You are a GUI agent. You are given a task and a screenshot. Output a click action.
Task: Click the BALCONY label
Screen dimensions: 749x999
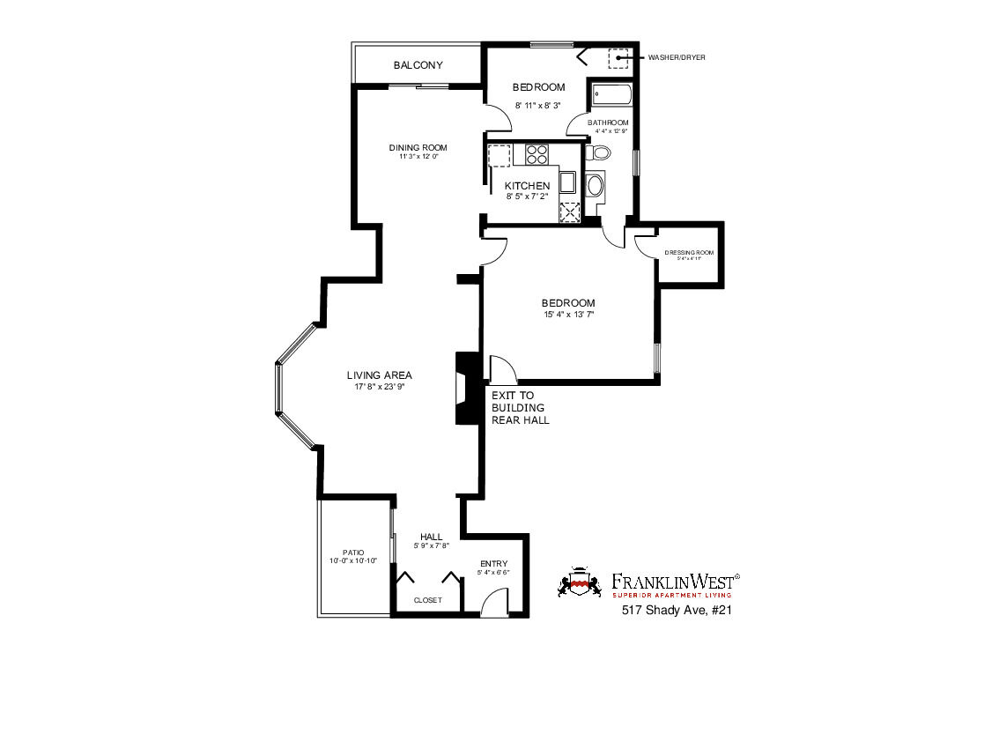(x=418, y=65)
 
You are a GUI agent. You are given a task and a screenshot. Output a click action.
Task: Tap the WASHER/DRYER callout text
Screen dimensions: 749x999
(x=677, y=57)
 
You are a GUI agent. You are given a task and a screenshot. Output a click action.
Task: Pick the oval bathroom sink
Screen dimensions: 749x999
(x=595, y=186)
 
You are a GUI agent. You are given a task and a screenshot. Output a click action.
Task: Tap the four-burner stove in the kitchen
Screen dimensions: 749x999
(x=536, y=155)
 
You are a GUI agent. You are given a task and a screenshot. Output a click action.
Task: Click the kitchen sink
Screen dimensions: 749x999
(x=568, y=183)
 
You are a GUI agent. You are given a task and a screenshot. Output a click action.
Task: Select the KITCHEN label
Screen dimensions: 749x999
(x=527, y=186)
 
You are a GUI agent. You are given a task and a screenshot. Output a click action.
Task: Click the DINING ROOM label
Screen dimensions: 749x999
(x=418, y=147)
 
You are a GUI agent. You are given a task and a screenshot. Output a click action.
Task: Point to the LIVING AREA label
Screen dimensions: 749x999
(x=380, y=375)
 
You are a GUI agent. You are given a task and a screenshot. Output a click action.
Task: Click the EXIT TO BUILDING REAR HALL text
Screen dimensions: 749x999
(x=520, y=408)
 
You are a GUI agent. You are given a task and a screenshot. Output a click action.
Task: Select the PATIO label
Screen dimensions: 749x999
(x=353, y=552)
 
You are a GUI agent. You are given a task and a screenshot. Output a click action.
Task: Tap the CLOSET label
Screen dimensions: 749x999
(x=427, y=600)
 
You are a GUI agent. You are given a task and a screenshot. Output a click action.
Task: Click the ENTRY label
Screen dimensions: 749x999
(x=493, y=564)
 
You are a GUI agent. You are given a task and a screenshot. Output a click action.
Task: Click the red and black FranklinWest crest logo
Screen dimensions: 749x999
(x=579, y=582)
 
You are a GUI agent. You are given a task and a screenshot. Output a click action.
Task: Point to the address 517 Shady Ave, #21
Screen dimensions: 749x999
(x=677, y=610)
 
